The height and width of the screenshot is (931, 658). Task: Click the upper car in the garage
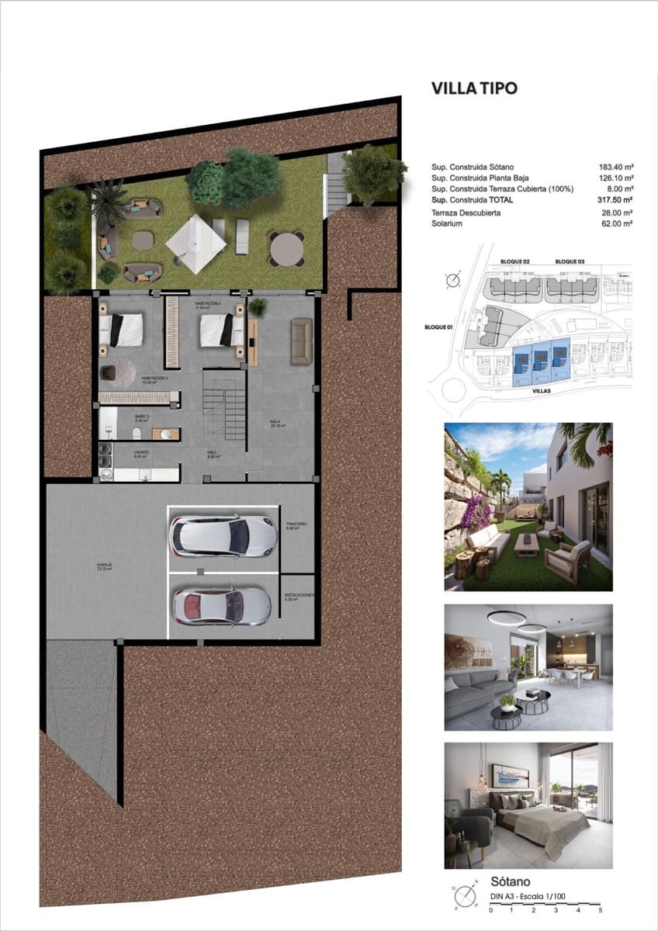[223, 535]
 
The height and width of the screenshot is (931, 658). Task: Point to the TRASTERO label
[296, 525]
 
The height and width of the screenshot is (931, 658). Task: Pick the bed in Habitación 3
[122, 329]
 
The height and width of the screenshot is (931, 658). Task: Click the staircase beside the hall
[223, 403]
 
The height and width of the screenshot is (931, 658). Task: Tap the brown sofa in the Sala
[301, 340]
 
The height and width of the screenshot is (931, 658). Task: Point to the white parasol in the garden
[196, 244]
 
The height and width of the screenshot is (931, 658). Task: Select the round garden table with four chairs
[286, 248]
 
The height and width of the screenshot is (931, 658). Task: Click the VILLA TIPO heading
[473, 88]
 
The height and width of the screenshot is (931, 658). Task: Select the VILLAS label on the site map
[541, 392]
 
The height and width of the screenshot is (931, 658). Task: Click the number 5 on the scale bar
[601, 909]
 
